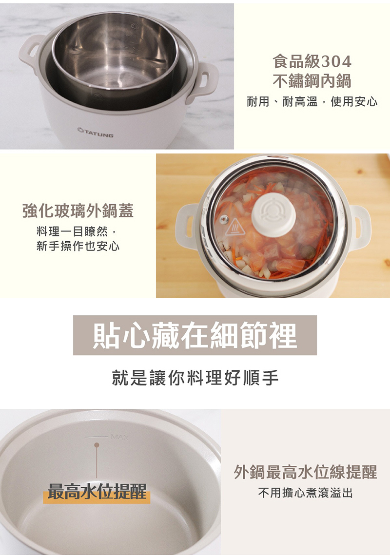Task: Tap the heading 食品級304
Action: coord(312,61)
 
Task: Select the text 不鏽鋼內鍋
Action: coord(312,81)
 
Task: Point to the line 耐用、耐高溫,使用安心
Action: coord(312,102)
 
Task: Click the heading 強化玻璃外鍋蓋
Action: coord(78,211)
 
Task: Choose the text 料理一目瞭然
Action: coord(72,232)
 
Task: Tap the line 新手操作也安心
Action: coord(78,246)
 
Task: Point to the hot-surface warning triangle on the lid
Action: coord(235,227)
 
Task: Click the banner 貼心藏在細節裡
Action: coord(195,336)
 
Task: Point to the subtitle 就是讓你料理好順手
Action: coord(195,378)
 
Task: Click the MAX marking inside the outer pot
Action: coord(119,438)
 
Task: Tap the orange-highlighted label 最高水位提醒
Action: coord(97,491)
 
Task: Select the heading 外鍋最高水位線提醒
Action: coord(305,472)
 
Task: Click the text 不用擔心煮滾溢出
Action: coord(305,493)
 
